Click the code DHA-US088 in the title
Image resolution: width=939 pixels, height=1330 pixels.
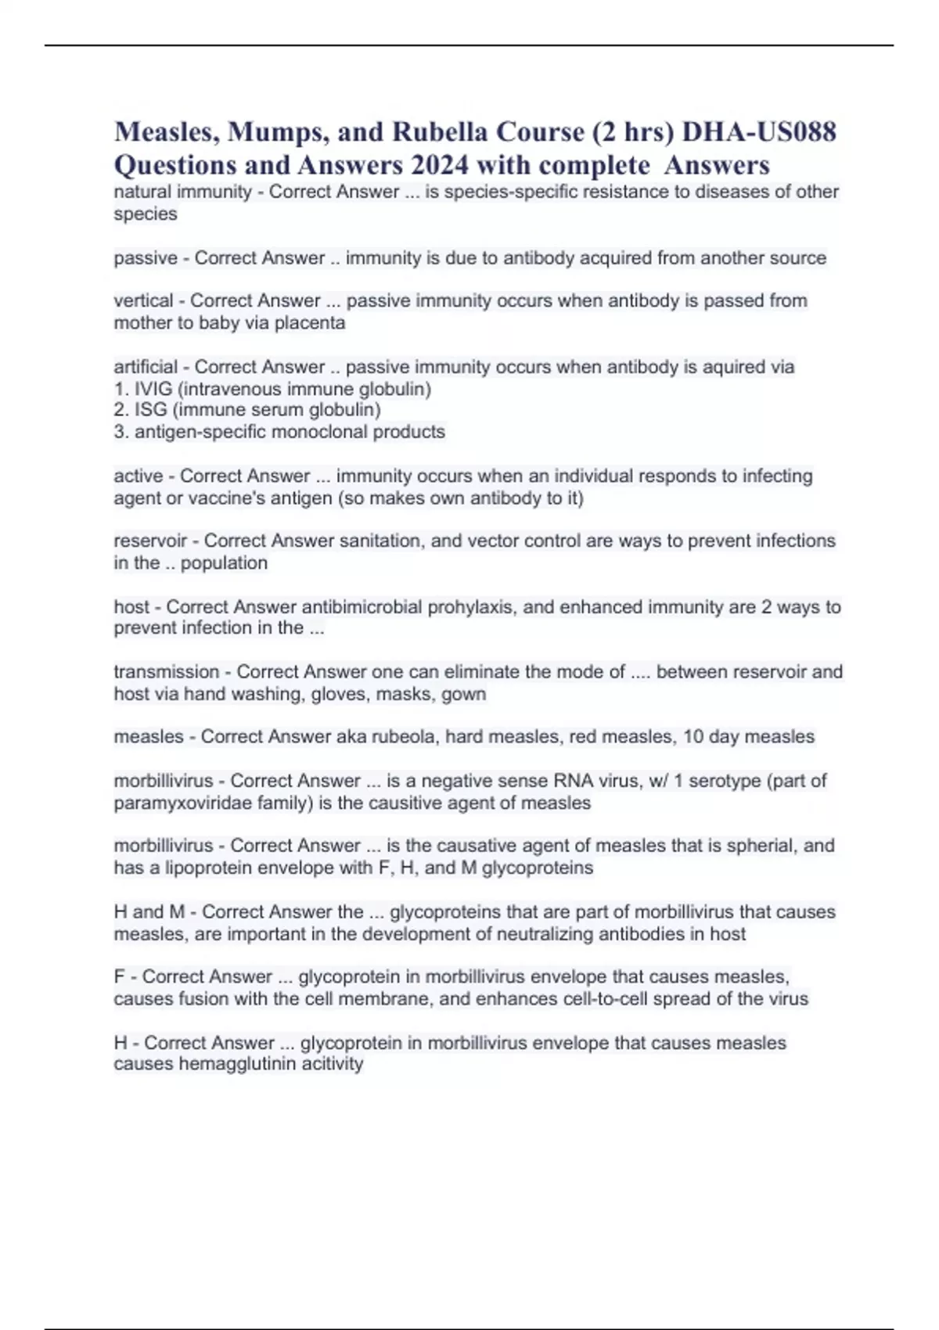(x=759, y=131)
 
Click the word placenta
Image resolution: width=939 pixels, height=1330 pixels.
(x=309, y=322)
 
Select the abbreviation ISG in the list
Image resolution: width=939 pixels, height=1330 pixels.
(x=151, y=410)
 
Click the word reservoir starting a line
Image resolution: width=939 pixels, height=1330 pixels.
(x=150, y=541)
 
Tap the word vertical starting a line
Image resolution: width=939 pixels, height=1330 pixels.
(x=143, y=300)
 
